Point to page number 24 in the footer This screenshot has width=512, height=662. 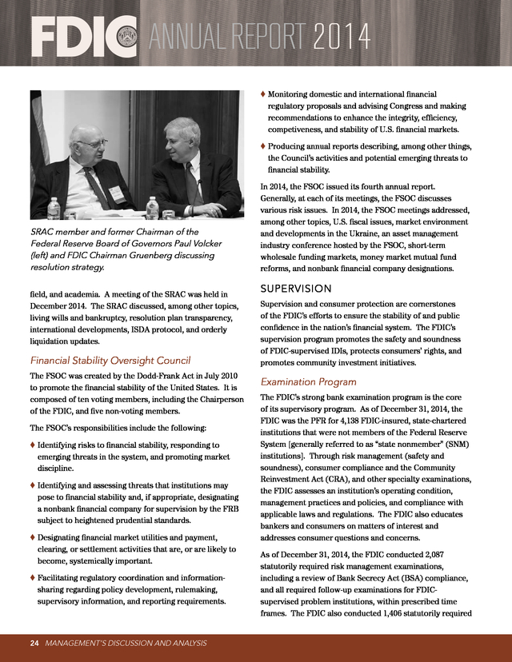pyautogui.click(x=34, y=643)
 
